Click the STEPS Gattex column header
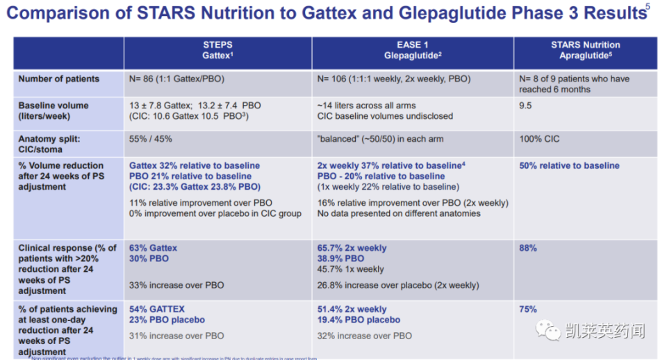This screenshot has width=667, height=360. [x=217, y=50]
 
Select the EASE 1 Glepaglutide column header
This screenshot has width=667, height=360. [x=413, y=50]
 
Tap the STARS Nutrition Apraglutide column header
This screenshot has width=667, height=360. [x=585, y=50]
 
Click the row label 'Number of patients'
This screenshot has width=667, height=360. [x=59, y=79]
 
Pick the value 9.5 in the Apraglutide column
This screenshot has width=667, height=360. [x=526, y=106]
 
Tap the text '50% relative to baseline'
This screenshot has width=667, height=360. [x=569, y=166]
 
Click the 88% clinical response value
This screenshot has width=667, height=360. [x=528, y=248]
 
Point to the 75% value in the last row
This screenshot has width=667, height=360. [x=528, y=310]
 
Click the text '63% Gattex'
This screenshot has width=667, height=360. [x=154, y=248]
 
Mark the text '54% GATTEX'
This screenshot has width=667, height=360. [x=157, y=310]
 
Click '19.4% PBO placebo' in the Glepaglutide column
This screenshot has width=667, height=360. [x=359, y=320]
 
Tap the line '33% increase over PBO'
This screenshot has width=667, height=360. [x=176, y=285]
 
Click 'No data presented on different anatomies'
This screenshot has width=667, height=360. [x=399, y=213]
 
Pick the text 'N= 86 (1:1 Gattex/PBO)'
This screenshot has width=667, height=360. [x=177, y=79]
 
